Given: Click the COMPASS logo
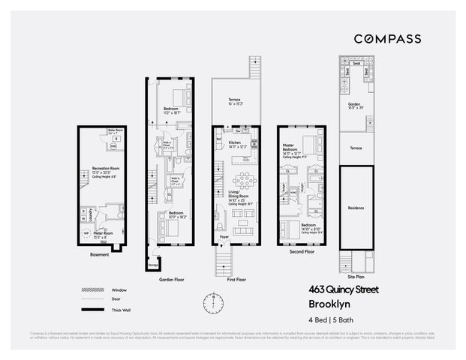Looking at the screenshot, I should (386, 38).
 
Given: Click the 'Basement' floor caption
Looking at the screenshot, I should (99, 254).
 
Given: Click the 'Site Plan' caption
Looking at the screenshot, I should (356, 277).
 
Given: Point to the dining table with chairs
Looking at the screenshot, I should (245, 181).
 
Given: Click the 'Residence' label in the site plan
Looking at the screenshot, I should (356, 208).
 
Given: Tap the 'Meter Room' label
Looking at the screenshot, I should (104, 233).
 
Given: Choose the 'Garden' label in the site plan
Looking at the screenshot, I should (355, 104).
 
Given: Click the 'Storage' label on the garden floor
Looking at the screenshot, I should (154, 263).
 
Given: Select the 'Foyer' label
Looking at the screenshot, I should (224, 237).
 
